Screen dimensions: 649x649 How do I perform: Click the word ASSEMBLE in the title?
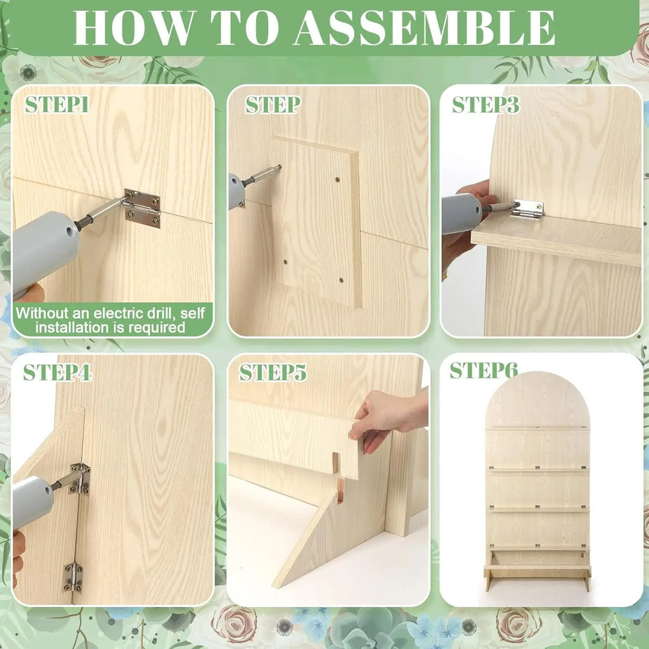tap(424, 27)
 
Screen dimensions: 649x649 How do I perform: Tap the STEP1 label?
tap(57, 105)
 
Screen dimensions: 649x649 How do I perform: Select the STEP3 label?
tap(485, 105)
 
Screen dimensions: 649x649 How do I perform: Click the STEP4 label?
tap(57, 372)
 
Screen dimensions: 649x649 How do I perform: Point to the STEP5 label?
tap(273, 372)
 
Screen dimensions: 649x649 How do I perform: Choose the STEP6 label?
tap(484, 370)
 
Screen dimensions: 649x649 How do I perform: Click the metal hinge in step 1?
tap(142, 208)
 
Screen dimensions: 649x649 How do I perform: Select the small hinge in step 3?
tap(528, 209)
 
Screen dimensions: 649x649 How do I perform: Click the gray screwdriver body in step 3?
tap(461, 214)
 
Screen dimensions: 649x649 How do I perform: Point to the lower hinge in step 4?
tap(72, 577)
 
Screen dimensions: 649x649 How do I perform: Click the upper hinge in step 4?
tap(79, 479)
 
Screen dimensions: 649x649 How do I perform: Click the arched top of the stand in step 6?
tap(537, 399)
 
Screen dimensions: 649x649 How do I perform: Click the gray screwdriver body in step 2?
tap(237, 191)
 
